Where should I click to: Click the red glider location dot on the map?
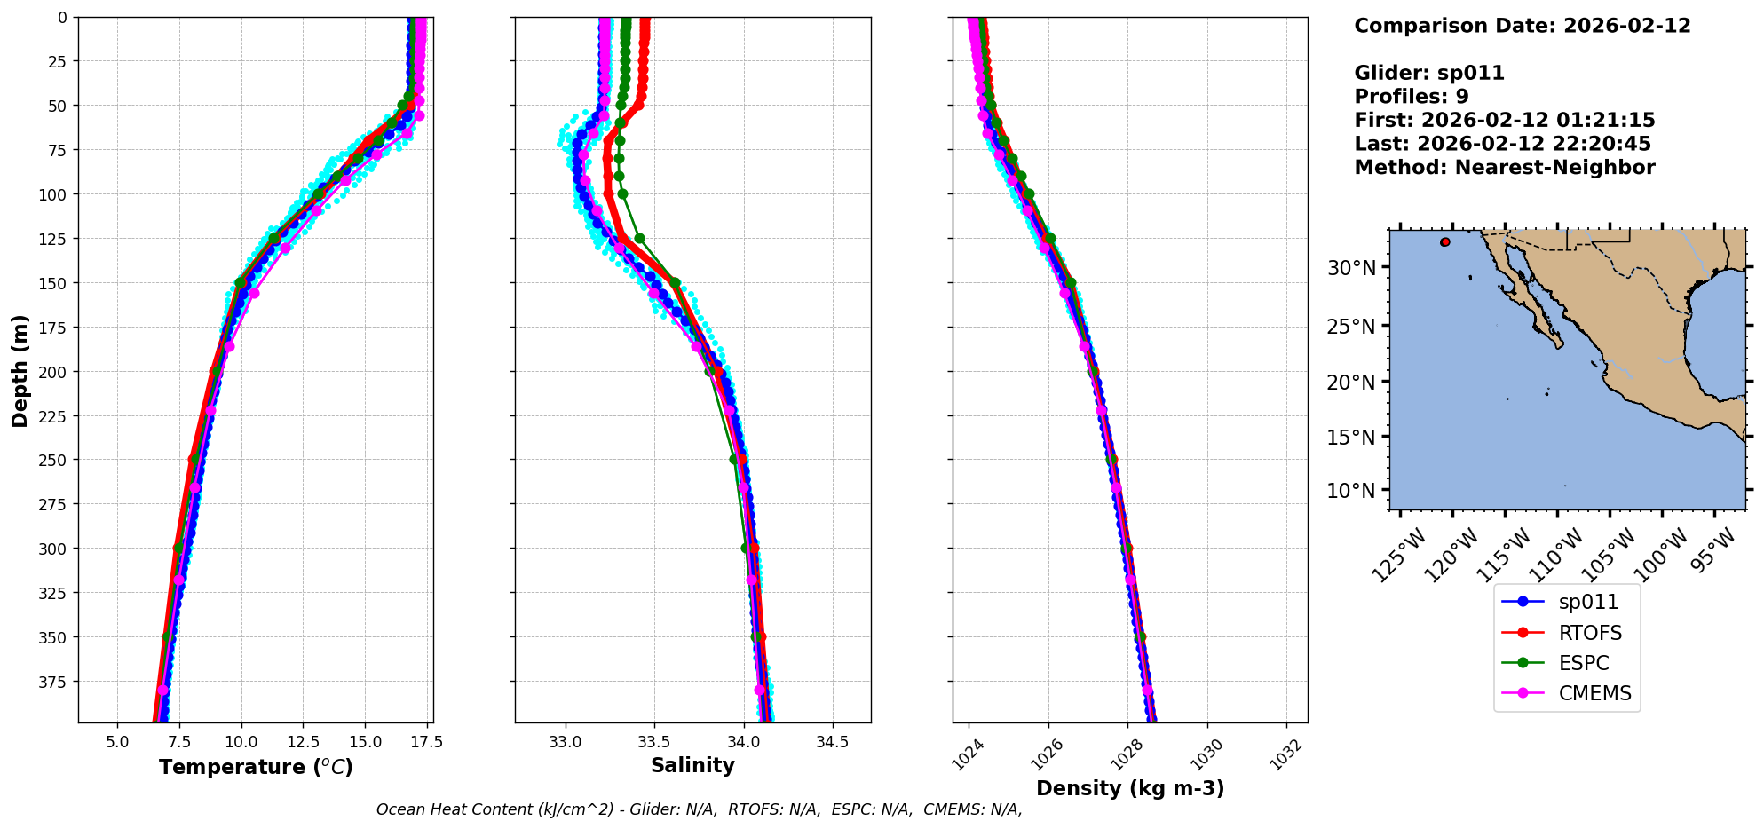(x=1445, y=241)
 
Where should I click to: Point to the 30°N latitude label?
(x=1351, y=268)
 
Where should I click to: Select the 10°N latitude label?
(x=1351, y=491)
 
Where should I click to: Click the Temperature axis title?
(x=256, y=767)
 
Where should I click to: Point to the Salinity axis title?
(x=692, y=765)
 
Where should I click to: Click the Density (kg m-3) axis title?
(x=1130, y=788)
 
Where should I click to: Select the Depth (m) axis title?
(x=20, y=370)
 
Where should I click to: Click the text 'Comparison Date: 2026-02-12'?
(x=1523, y=26)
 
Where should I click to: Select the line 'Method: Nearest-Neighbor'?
(x=1505, y=168)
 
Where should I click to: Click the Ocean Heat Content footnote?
(x=699, y=809)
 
